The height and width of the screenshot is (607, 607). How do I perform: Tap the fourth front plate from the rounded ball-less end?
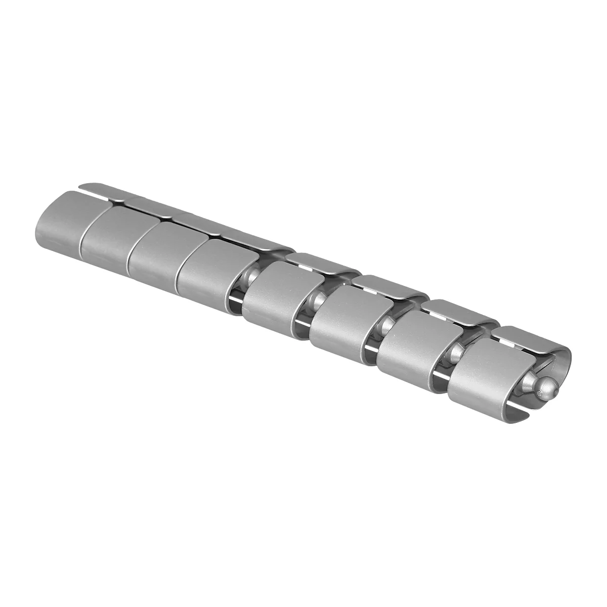204,268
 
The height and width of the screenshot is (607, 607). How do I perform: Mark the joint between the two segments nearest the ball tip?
455,354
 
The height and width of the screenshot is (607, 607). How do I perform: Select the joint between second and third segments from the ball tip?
387,326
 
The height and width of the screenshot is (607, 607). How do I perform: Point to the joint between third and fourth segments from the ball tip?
319,301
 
